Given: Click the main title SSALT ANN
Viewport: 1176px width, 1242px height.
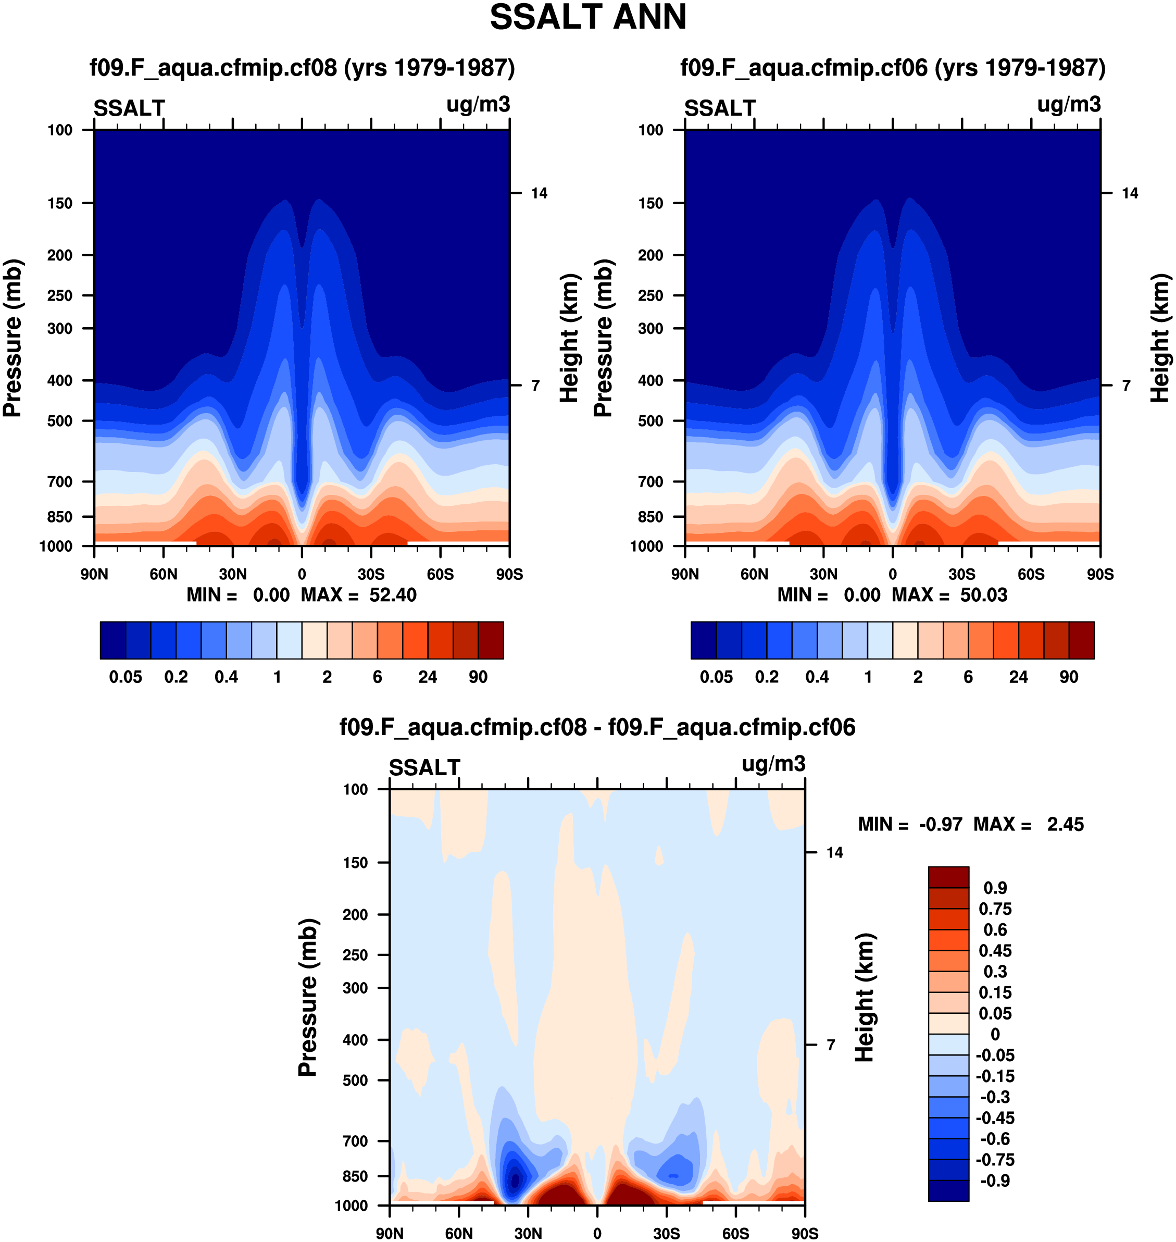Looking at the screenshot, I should pyautogui.click(x=587, y=18).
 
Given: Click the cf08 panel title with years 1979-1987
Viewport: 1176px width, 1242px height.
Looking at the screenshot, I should pyautogui.click(x=302, y=68).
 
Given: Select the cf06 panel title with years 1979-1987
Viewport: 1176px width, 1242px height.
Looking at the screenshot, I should pyautogui.click(x=893, y=68).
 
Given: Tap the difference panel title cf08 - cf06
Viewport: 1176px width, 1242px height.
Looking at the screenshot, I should pyautogui.click(x=597, y=727).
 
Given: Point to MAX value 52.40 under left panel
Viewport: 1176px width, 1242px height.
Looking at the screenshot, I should pyautogui.click(x=392, y=595).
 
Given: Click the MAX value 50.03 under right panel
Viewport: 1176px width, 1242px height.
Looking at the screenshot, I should pyautogui.click(x=983, y=595).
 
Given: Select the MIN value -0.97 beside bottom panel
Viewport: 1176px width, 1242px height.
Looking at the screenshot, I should pyautogui.click(x=940, y=825).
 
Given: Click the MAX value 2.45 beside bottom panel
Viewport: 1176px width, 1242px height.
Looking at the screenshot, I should pyautogui.click(x=1065, y=825).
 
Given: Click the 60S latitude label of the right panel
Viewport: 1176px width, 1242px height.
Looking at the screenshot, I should pyautogui.click(x=1031, y=574).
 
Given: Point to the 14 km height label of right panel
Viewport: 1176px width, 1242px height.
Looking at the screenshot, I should pyautogui.click(x=1130, y=194).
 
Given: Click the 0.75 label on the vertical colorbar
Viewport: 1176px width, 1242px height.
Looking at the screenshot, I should pyautogui.click(x=995, y=909).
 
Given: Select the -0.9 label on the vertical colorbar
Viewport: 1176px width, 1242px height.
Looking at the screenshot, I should pyautogui.click(x=995, y=1181).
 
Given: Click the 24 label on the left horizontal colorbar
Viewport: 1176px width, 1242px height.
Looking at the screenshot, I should pyautogui.click(x=428, y=677).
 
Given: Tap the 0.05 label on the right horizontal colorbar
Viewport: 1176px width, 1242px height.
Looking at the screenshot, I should pyautogui.click(x=716, y=677).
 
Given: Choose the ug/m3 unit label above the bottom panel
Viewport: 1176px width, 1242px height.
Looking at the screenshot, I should pyautogui.click(x=773, y=764).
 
